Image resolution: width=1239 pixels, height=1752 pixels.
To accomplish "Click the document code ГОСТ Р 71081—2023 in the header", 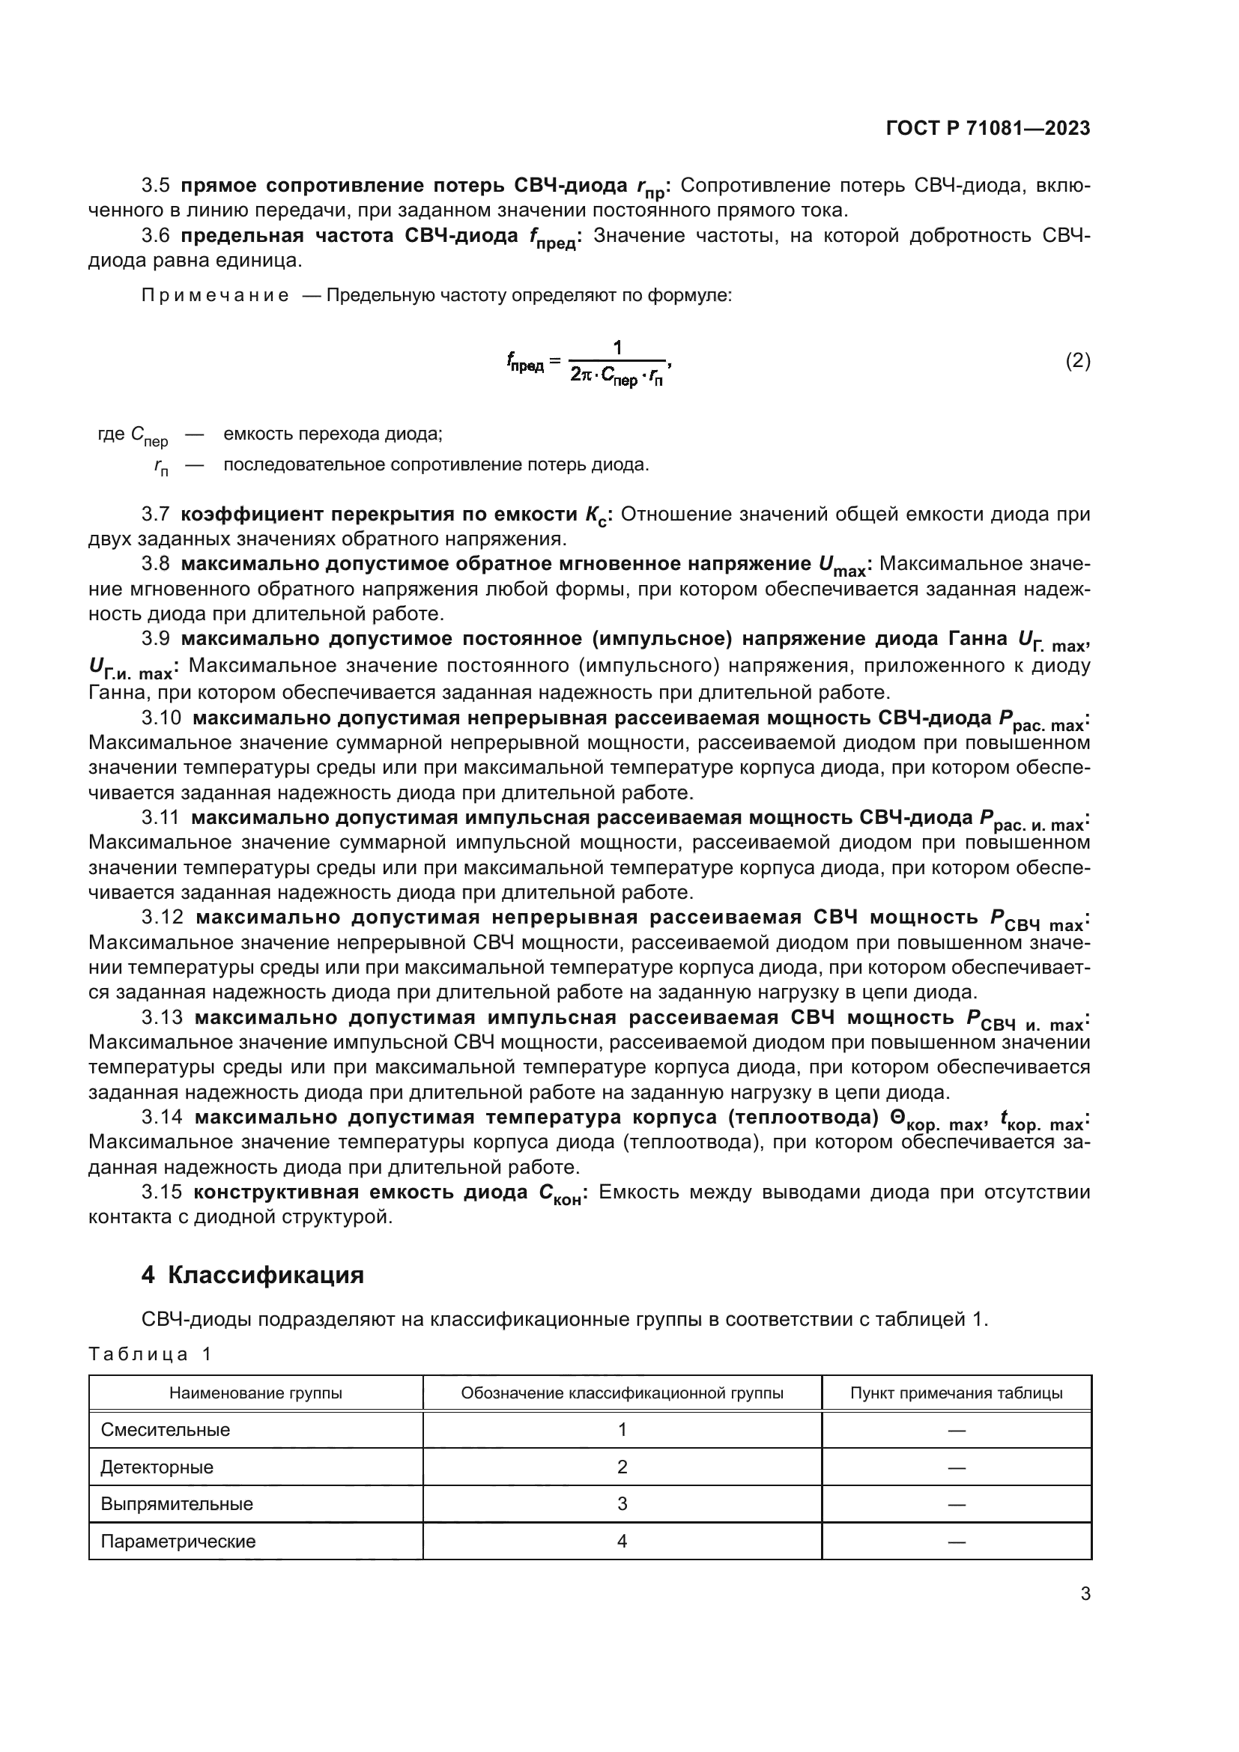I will (987, 128).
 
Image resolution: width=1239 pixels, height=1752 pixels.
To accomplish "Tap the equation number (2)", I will (1077, 360).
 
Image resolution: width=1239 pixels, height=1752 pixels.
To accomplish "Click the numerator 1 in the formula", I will (617, 348).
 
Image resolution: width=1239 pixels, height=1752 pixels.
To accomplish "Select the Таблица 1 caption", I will (151, 1354).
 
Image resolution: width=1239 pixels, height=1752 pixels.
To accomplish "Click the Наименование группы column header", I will (255, 1393).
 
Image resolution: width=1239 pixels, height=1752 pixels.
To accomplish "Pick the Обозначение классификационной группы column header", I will (622, 1393).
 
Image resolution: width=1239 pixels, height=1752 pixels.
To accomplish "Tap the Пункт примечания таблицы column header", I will (956, 1393).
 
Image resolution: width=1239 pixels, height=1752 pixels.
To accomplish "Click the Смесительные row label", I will (166, 1430).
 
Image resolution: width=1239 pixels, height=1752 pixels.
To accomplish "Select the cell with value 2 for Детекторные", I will (622, 1467).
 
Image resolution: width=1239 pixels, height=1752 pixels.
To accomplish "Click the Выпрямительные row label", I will (177, 1504).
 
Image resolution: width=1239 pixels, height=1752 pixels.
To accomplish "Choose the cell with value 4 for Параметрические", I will (622, 1541).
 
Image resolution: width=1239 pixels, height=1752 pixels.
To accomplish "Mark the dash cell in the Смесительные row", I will (956, 1431).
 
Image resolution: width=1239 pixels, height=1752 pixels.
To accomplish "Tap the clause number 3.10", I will (162, 718).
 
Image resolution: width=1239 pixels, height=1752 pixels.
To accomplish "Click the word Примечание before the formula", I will (215, 296).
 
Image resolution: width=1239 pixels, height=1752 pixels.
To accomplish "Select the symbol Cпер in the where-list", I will (149, 436).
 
